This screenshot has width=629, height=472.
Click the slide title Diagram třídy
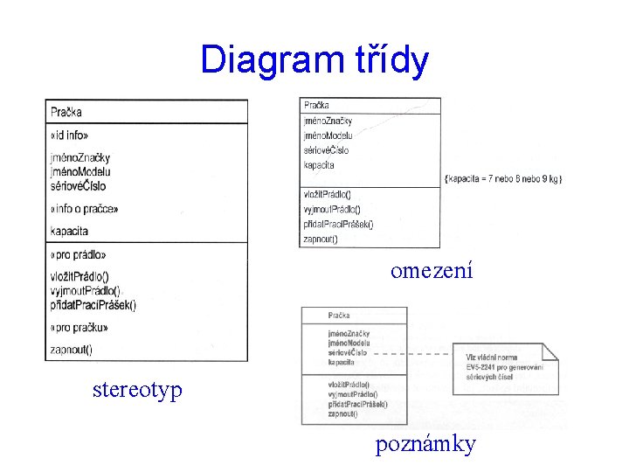coord(314,60)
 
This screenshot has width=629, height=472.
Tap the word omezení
coord(432,271)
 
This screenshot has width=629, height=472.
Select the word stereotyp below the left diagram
coord(137,388)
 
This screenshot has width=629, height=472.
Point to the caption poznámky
coord(425,445)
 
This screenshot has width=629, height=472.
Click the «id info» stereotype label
coord(69,135)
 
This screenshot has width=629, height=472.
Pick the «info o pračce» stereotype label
coord(84,209)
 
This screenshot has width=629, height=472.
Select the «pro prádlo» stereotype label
coord(79,254)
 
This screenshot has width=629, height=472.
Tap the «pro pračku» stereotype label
coord(79,328)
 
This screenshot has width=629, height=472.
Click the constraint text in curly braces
coord(504,178)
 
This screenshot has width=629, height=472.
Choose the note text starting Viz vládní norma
coord(504,366)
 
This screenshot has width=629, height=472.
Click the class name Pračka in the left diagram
coord(66,112)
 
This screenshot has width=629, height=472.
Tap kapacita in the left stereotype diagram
coord(69,232)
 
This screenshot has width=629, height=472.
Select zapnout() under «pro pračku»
coord(72,350)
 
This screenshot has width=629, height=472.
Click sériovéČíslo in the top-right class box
coord(326,150)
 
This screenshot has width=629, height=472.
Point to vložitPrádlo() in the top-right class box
coord(327,194)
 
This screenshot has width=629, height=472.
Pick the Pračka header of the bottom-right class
coord(339,316)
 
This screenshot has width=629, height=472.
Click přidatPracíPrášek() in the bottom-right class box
coord(357,404)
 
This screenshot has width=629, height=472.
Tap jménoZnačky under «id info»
coord(80,157)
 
